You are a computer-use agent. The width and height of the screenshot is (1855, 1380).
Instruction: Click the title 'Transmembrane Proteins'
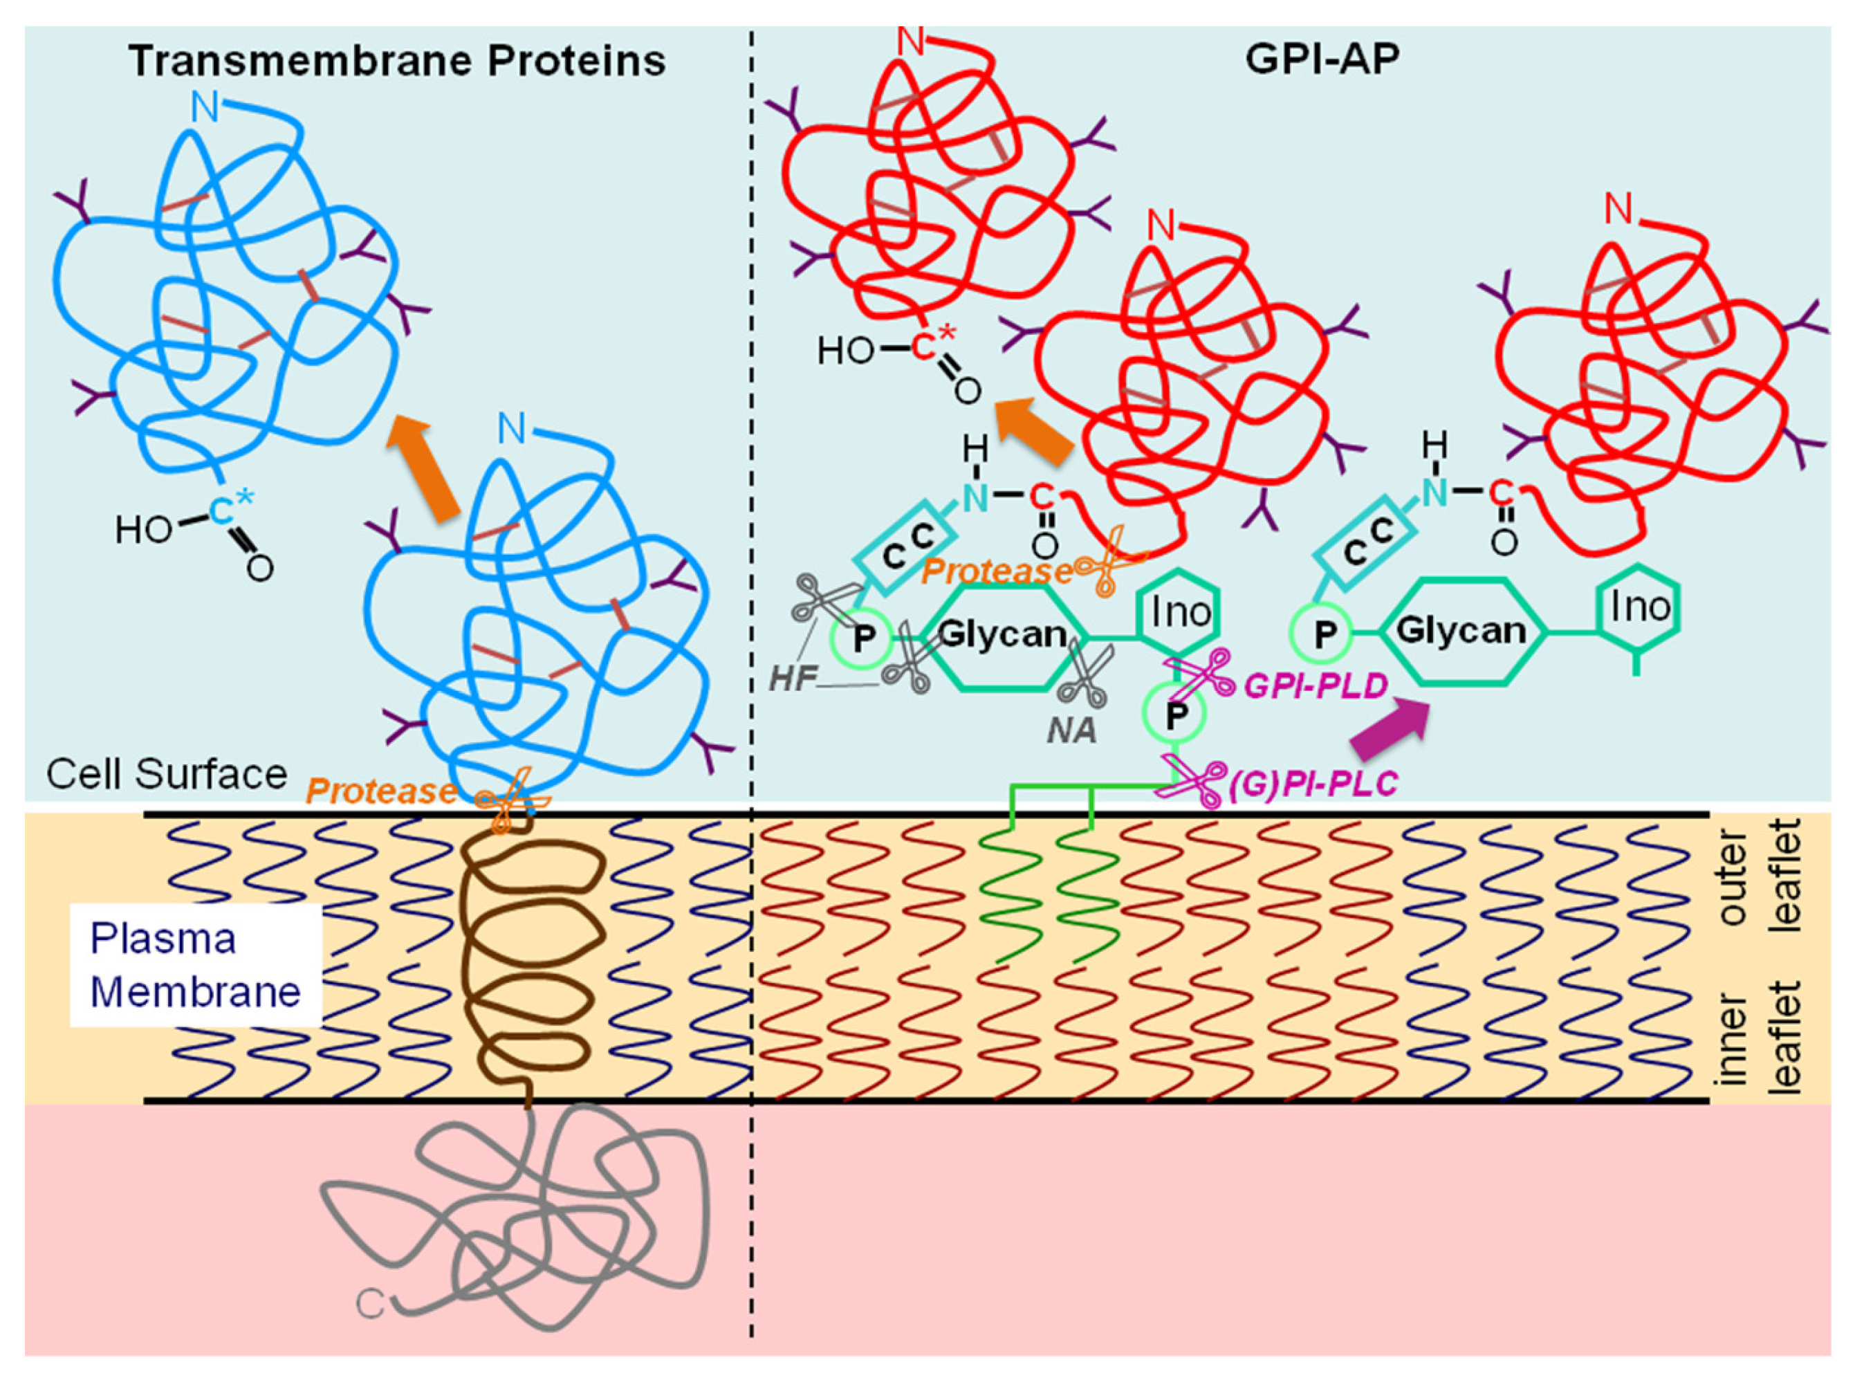click(x=398, y=61)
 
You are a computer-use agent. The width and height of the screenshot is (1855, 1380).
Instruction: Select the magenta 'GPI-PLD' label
click(x=1316, y=687)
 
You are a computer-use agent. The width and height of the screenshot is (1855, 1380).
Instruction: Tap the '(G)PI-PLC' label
click(x=1313, y=784)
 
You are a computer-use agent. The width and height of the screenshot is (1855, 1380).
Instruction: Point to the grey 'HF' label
click(x=792, y=679)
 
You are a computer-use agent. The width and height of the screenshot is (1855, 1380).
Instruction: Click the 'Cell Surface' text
click(x=167, y=774)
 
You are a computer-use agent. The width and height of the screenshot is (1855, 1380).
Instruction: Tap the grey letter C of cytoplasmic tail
click(x=370, y=1304)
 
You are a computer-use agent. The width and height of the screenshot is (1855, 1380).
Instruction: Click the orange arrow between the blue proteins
click(x=423, y=468)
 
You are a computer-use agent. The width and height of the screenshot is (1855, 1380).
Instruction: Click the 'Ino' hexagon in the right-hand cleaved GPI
click(x=1639, y=607)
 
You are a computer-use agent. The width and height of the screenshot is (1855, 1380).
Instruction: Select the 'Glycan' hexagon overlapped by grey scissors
click(x=1001, y=635)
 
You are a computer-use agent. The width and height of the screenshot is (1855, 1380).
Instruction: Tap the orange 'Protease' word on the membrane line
click(x=381, y=790)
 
